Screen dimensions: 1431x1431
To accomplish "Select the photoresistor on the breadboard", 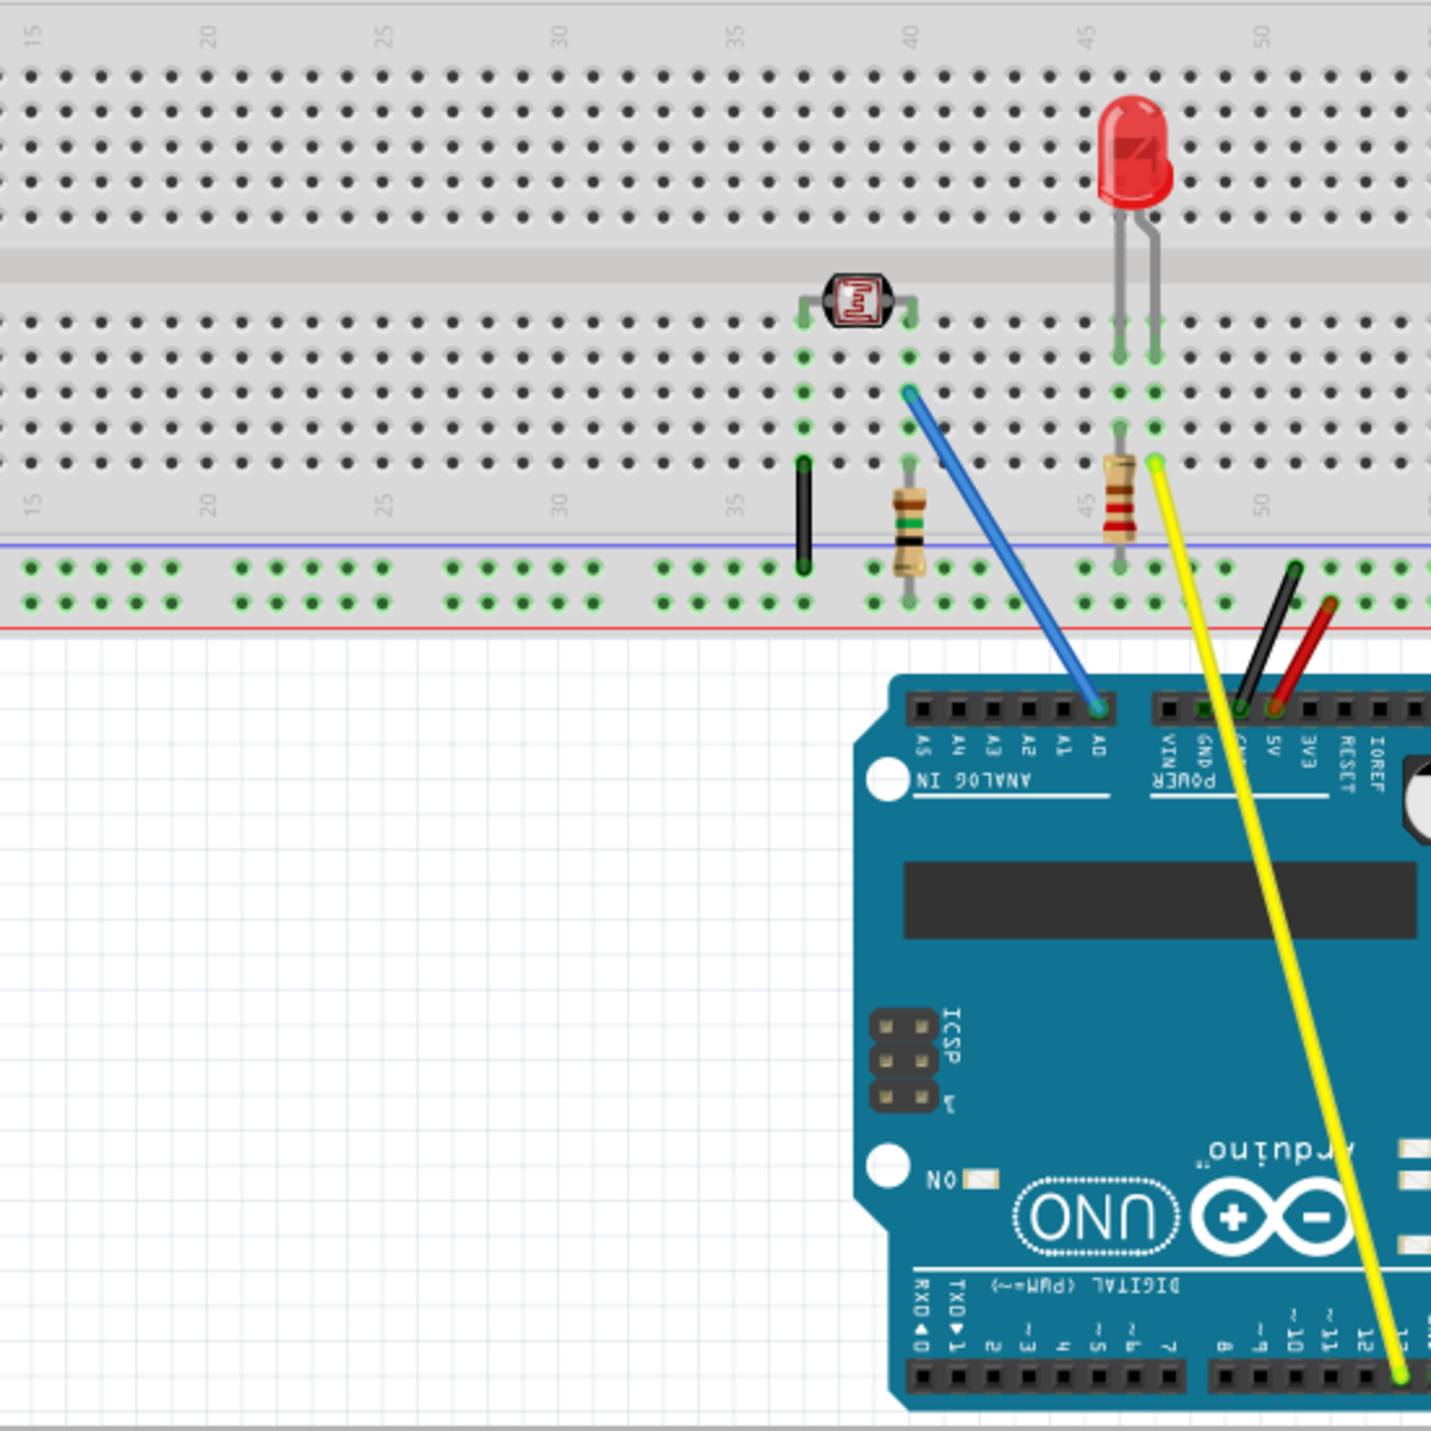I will point(858,300).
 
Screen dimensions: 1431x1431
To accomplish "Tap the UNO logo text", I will point(1095,1216).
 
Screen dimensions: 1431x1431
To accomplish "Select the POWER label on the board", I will point(1183,781).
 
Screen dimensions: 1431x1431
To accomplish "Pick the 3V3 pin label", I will point(1309,751).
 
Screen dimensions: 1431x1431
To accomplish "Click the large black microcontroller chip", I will point(1159,900).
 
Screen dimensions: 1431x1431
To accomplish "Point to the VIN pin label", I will point(1169,751).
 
